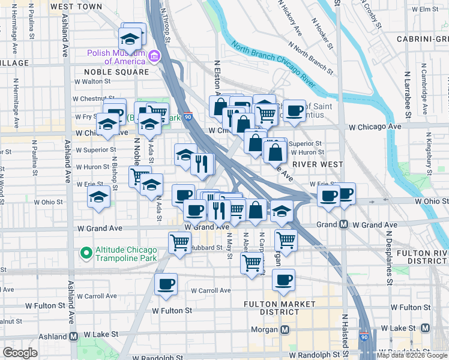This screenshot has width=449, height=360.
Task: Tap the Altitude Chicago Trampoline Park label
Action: point(125,254)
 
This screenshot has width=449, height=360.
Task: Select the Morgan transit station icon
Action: point(285,329)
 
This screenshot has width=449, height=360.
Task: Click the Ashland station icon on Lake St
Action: point(73,337)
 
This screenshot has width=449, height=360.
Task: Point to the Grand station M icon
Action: point(343,224)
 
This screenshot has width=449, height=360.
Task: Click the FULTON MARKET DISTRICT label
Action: point(280,308)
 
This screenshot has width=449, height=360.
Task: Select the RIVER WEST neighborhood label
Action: point(317,164)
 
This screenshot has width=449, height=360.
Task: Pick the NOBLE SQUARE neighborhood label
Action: point(112,72)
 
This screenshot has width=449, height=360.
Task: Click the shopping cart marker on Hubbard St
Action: point(180,242)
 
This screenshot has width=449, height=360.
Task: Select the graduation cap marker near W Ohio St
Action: point(98,197)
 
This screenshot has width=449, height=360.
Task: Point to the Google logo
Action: point(20,353)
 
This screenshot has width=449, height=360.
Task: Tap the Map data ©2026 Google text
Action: point(411,355)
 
